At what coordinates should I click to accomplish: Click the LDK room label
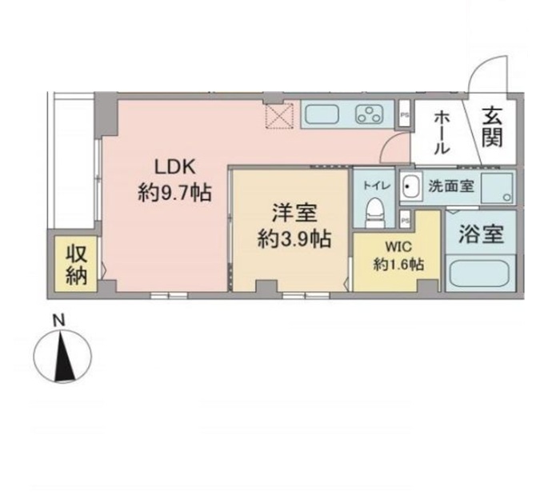(x=174, y=166)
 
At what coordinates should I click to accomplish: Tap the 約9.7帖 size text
(x=174, y=193)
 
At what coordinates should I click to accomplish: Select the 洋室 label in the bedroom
(x=294, y=214)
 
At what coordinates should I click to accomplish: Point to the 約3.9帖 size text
(x=294, y=238)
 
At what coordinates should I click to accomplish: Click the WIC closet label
(x=398, y=246)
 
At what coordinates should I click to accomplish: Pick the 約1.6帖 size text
(x=398, y=265)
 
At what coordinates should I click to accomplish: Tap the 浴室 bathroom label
(x=481, y=234)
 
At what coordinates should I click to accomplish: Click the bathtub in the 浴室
(x=479, y=273)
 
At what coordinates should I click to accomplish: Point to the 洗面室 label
(x=451, y=186)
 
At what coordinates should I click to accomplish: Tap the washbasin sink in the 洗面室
(x=410, y=186)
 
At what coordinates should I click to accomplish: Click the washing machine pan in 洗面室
(x=497, y=188)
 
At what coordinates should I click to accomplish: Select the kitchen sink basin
(x=322, y=114)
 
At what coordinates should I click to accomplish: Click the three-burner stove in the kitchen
(x=369, y=114)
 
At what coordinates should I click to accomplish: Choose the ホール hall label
(x=442, y=133)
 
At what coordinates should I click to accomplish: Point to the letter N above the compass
(x=59, y=321)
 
